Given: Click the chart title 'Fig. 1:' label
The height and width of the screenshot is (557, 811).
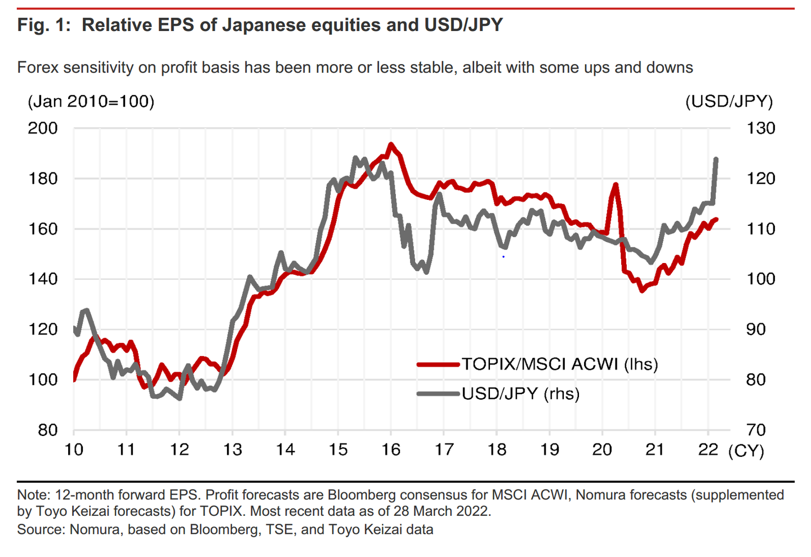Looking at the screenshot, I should (44, 25).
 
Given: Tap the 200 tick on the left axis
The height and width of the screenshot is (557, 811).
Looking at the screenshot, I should (43, 128).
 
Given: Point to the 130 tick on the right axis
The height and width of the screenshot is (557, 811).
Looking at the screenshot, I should (761, 128).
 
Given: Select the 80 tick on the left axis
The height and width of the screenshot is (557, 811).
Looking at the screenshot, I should (48, 430).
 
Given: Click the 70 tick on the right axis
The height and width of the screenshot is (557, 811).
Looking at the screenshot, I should (756, 430).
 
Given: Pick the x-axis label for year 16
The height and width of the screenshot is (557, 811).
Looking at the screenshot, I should (391, 449).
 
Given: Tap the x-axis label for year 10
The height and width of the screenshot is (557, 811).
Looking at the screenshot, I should (74, 449).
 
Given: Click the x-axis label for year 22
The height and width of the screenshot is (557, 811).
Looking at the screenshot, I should (708, 449).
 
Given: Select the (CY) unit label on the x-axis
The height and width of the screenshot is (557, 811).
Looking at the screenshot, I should (746, 451).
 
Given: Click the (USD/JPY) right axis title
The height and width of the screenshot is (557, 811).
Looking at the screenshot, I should (729, 101).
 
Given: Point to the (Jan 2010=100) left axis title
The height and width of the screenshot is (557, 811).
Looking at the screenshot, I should (91, 101).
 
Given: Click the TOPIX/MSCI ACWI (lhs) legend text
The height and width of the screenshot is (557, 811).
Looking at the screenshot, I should (560, 364).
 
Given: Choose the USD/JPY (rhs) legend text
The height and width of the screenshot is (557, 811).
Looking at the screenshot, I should (520, 393).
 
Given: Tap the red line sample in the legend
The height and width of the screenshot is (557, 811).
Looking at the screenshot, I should (438, 364).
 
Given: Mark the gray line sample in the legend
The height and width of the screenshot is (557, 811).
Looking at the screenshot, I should (438, 393).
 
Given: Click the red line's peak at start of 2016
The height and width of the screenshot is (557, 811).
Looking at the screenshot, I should (391, 144).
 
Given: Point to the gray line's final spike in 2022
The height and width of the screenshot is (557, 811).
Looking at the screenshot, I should (716, 159).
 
